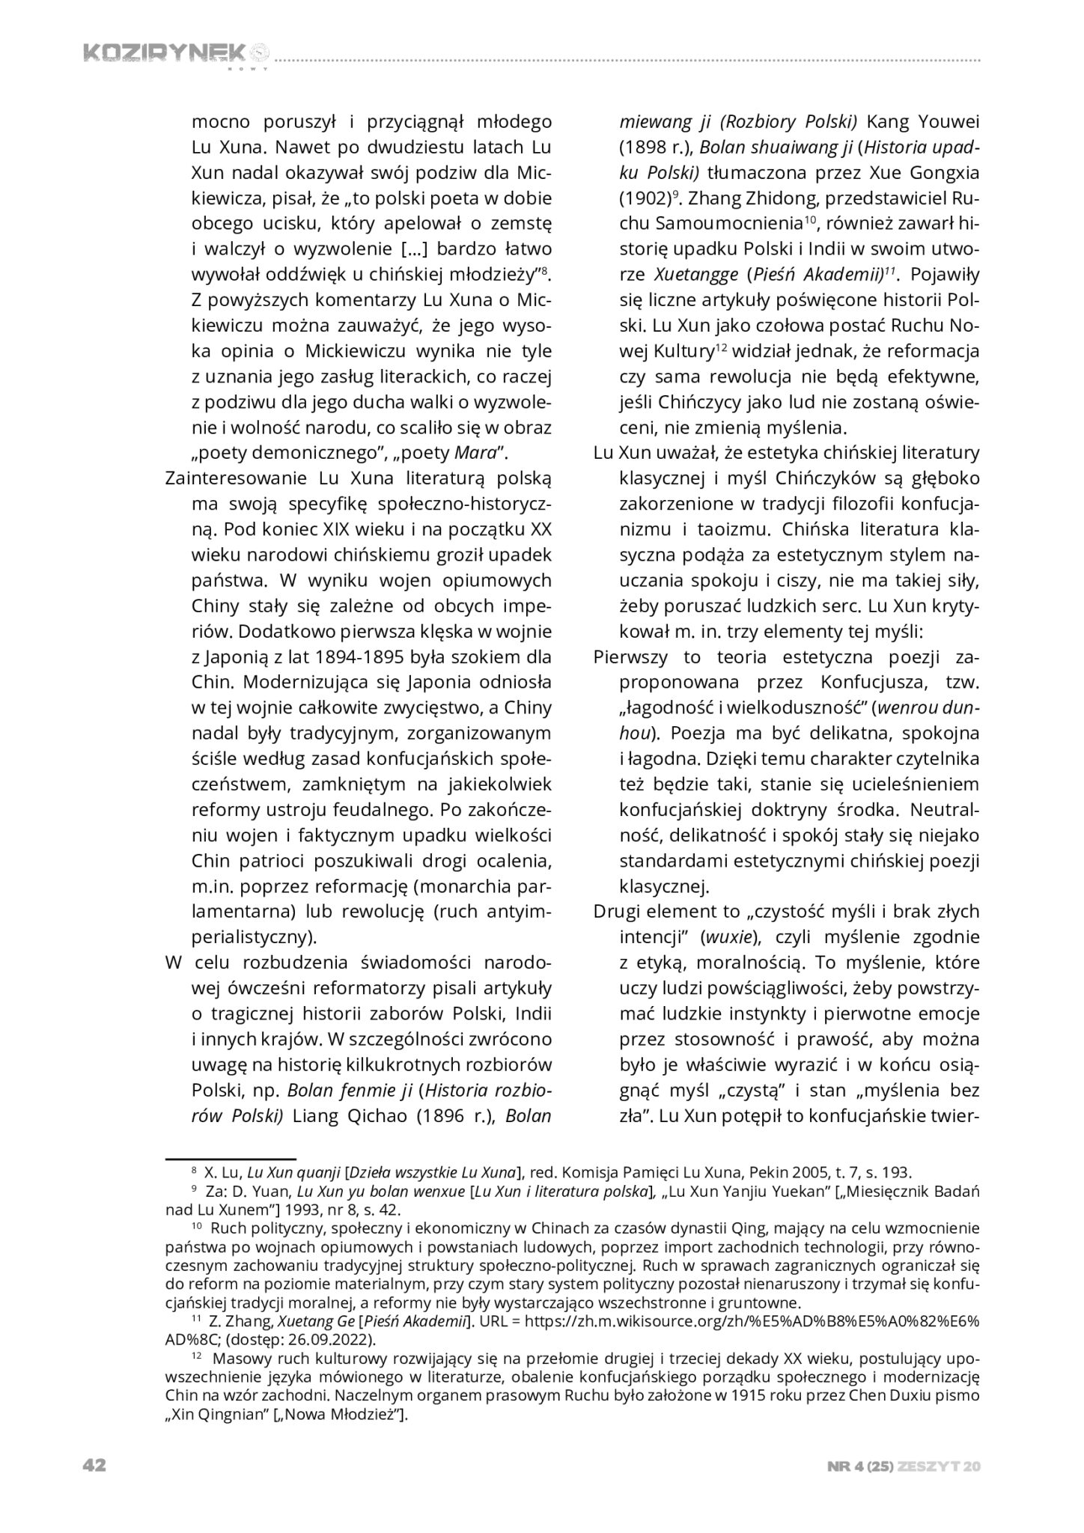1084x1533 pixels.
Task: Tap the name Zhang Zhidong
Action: pyautogui.click(x=739, y=198)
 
